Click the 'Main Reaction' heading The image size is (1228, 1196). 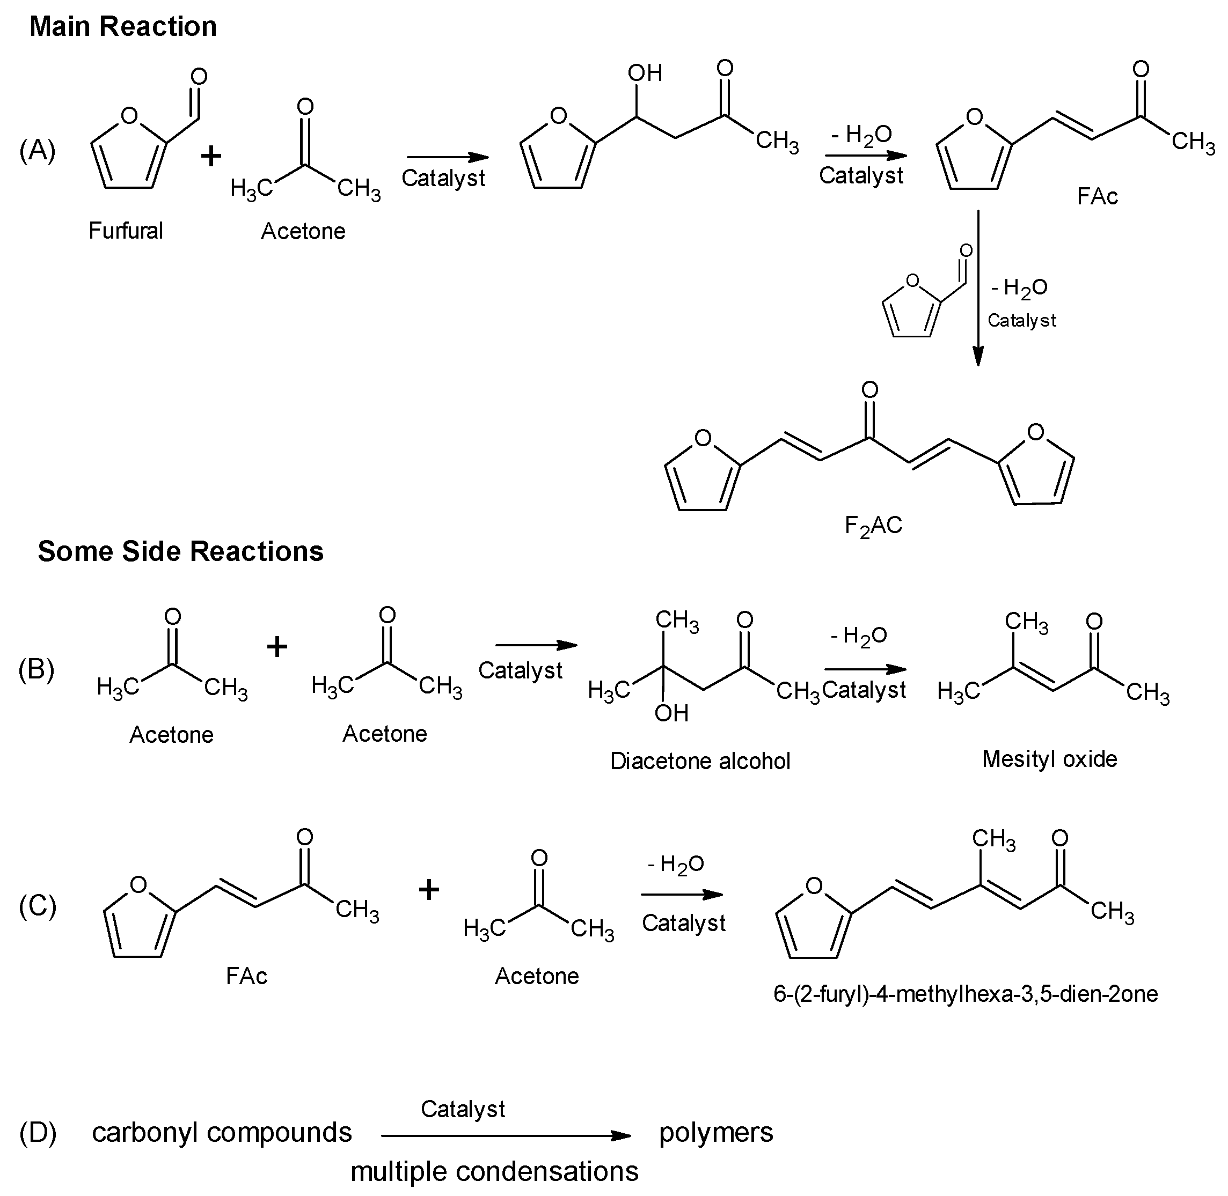(x=123, y=27)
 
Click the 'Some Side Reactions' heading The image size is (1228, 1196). (x=180, y=551)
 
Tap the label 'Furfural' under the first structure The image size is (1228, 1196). (x=125, y=231)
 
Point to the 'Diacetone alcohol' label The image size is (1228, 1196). (x=700, y=761)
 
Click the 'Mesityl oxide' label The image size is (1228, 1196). (x=1049, y=759)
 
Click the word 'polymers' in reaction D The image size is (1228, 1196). (x=716, y=1132)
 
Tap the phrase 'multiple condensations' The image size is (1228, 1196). (x=494, y=1171)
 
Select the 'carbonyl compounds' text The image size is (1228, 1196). (x=222, y=1132)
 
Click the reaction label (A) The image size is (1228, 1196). (x=37, y=151)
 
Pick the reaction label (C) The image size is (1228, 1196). (x=37, y=906)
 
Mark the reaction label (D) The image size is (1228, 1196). (x=37, y=1132)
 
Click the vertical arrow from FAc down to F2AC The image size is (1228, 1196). (x=977, y=289)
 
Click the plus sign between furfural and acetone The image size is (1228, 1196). (x=211, y=155)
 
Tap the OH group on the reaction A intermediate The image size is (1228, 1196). (x=645, y=73)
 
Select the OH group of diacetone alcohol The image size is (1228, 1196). (x=671, y=713)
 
